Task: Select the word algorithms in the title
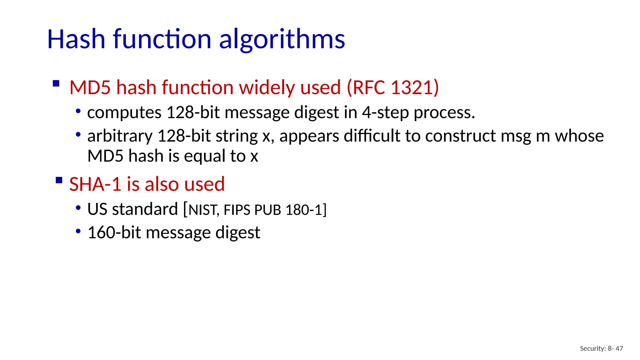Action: pyautogui.click(x=282, y=40)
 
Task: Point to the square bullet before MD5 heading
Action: pyautogui.click(x=56, y=83)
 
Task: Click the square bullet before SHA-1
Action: pyautogui.click(x=59, y=180)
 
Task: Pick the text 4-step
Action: pyautogui.click(x=385, y=112)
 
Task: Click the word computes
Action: pyautogui.click(x=124, y=113)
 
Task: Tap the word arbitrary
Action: pyautogui.click(x=120, y=136)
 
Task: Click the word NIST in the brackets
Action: pyautogui.click(x=203, y=210)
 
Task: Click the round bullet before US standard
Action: pyautogui.click(x=78, y=208)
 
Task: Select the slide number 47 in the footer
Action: pyautogui.click(x=619, y=348)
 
